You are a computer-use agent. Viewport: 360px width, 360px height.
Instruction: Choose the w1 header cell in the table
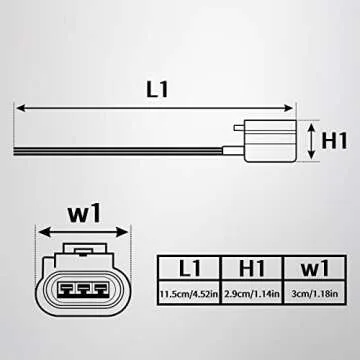tap(312, 269)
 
